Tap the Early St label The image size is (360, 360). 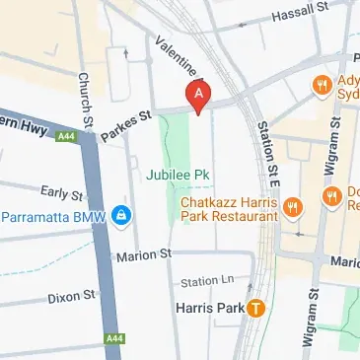pos(61,191)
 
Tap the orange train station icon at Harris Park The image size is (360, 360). pos(256,308)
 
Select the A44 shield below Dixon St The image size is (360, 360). pos(113,338)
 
